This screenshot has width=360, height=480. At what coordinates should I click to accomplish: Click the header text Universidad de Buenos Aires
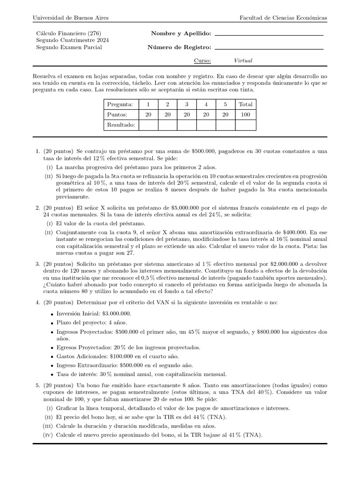(70, 18)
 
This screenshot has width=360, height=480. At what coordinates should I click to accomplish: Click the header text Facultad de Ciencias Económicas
(283, 18)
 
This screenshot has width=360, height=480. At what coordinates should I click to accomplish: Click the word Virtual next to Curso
(243, 60)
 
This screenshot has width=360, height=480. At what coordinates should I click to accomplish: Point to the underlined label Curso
(202, 60)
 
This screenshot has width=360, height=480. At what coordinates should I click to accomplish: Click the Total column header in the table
(245, 104)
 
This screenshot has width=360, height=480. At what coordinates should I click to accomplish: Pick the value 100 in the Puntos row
(245, 115)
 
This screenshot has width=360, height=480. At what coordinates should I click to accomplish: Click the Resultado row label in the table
(121, 125)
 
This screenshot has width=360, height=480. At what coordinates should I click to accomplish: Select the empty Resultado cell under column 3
(187, 125)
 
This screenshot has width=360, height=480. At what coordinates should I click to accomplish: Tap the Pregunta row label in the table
(120, 104)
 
